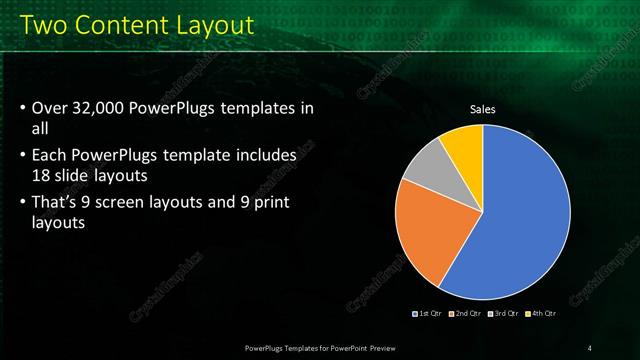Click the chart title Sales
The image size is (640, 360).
tap(483, 109)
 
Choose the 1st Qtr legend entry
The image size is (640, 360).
tap(428, 313)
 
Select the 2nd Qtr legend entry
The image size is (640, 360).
tap(465, 313)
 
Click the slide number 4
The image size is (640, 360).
tap(589, 347)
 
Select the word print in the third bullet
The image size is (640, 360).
tap(284, 203)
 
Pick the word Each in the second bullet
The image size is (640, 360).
tap(50, 155)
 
